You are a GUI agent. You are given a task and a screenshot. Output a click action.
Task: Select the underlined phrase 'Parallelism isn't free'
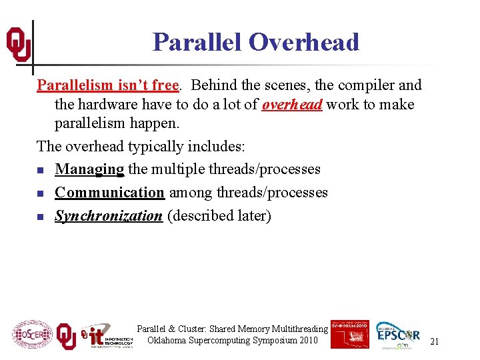[x=107, y=85]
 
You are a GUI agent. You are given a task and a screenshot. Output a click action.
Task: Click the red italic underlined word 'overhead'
[x=292, y=105]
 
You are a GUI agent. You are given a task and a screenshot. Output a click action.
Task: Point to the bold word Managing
[x=89, y=169]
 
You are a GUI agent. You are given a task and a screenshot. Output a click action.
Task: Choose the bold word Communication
[x=109, y=193]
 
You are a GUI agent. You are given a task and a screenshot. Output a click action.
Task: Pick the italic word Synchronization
[x=108, y=216]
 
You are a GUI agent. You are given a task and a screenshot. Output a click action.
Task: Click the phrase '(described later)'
[x=219, y=216]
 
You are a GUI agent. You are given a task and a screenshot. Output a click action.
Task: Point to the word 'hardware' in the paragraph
[x=109, y=105]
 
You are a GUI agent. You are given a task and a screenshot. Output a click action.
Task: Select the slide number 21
[x=434, y=341]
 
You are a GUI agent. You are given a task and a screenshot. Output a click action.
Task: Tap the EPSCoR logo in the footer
[x=398, y=334]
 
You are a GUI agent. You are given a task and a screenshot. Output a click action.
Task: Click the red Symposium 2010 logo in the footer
[x=349, y=334]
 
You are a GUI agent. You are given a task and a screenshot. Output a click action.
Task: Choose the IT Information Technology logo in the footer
[x=106, y=335]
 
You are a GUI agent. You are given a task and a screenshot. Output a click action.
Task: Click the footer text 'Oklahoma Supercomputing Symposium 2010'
[x=232, y=341]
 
